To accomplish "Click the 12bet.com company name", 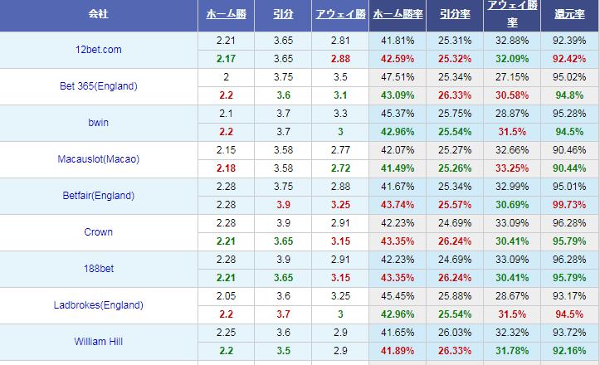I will click(x=98, y=50).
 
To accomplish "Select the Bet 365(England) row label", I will click(x=98, y=86).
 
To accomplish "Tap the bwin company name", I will click(x=98, y=123).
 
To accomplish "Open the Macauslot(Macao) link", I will click(x=98, y=159).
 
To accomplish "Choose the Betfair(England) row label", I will click(x=98, y=196).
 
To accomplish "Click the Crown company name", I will click(x=98, y=232).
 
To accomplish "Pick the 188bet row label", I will click(x=98, y=269).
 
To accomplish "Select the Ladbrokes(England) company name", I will click(x=98, y=305).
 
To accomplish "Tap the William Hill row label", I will click(x=98, y=342).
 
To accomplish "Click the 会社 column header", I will click(x=98, y=15).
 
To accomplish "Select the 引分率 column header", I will click(x=454, y=15).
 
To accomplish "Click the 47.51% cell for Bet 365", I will click(x=398, y=77).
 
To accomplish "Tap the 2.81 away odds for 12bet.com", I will click(x=340, y=41).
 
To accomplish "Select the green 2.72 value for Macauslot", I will click(x=340, y=168).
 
